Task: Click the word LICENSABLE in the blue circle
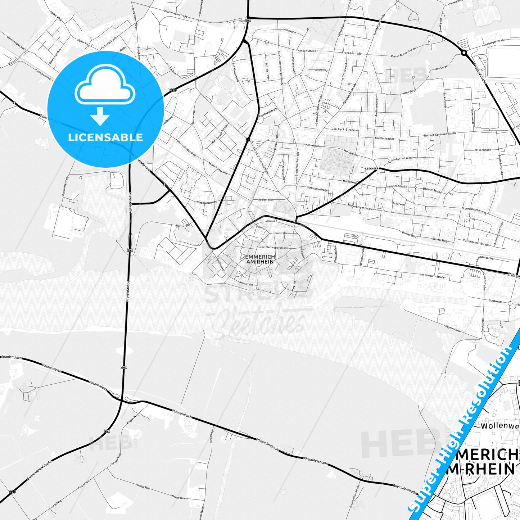[105, 137]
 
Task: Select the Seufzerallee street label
[266, 199]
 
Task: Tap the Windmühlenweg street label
[206, 202]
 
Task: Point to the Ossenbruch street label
[482, 150]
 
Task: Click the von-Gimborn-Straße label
[432, 276]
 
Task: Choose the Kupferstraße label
[453, 328]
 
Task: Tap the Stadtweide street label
[496, 301]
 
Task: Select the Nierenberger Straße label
[360, 208]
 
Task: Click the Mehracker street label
[290, 31]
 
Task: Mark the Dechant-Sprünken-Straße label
[440, 134]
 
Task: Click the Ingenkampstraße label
[15, 41]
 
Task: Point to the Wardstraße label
[182, 226]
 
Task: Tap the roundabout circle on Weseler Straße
[464, 53]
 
